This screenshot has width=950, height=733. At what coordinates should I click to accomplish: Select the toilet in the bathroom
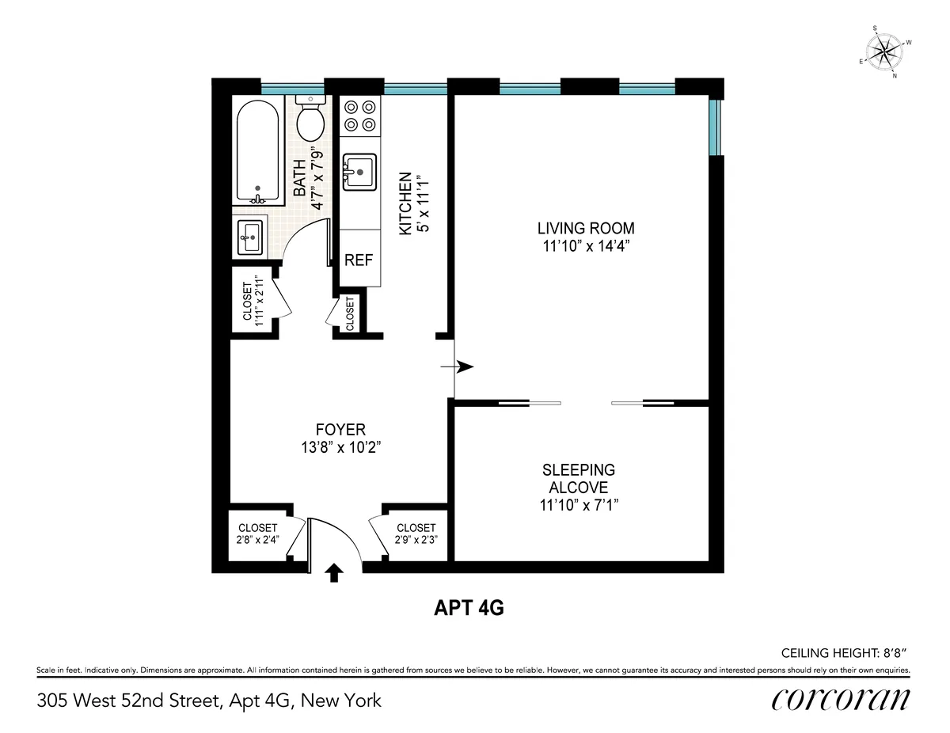(x=310, y=119)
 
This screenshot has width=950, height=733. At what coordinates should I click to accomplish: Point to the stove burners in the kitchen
(x=360, y=115)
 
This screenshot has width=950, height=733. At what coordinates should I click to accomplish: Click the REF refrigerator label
(x=359, y=260)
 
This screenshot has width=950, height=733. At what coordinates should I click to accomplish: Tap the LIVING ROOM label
(x=586, y=229)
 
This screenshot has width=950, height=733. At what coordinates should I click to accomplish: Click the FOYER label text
(x=340, y=430)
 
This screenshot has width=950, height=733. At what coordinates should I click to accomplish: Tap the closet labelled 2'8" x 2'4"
(x=256, y=534)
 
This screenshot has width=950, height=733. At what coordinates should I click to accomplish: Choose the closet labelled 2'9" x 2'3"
(x=416, y=534)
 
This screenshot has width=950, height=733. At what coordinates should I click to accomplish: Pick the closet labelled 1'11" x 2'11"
(x=251, y=302)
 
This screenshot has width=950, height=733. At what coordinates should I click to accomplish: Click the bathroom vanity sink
(x=251, y=236)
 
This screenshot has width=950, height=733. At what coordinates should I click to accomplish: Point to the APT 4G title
(x=469, y=608)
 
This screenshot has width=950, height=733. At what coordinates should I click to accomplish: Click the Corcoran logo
(x=841, y=700)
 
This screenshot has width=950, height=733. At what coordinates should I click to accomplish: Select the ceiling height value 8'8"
(x=892, y=653)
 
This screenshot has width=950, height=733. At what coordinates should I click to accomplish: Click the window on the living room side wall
(x=715, y=127)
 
